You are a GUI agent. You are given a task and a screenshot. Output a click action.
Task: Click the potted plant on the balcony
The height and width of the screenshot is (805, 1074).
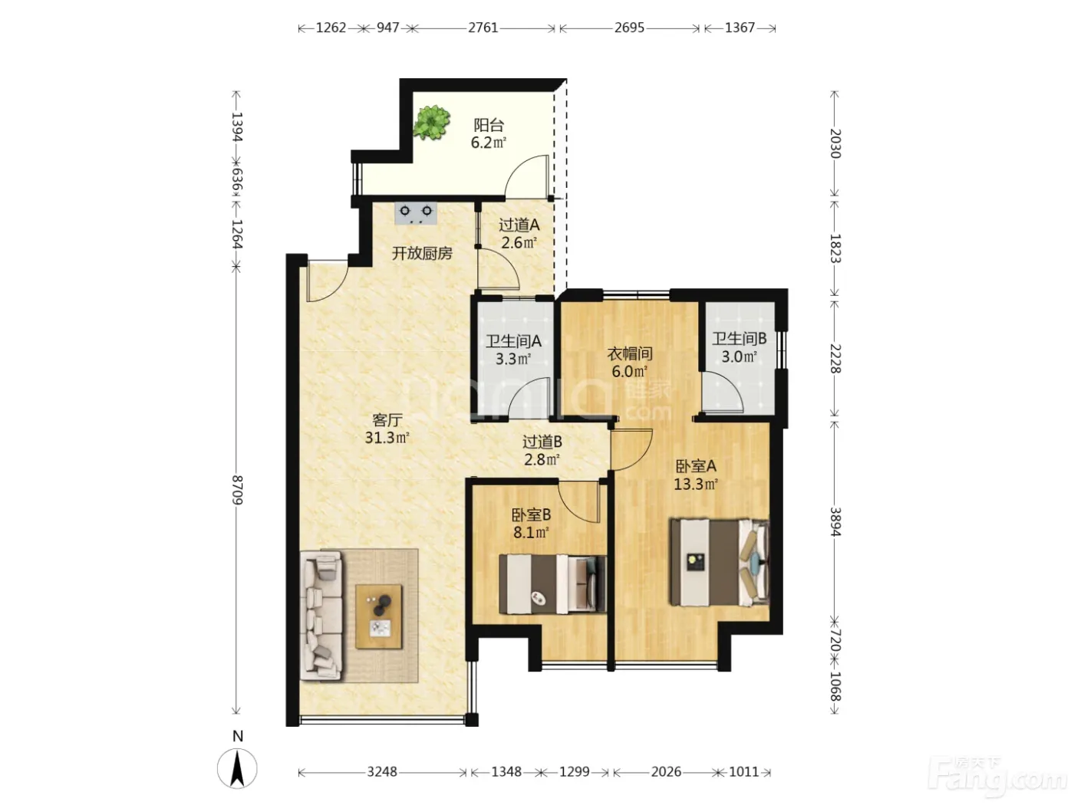click(431, 122)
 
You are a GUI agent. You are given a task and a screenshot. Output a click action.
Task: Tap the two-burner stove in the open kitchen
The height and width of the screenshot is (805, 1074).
click(416, 214)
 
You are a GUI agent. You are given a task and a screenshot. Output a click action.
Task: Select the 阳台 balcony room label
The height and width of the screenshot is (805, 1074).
click(489, 125)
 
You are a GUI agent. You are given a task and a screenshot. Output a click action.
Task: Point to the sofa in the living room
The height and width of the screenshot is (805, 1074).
click(321, 616)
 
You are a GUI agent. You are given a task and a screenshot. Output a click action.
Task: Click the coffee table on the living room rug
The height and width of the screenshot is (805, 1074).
click(379, 616)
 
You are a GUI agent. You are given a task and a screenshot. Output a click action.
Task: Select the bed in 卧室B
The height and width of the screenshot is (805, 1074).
click(552, 584)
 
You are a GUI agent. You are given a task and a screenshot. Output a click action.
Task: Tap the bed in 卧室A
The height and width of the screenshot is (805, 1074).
click(720, 562)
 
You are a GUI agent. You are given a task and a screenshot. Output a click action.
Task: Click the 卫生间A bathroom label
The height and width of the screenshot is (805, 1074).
click(513, 340)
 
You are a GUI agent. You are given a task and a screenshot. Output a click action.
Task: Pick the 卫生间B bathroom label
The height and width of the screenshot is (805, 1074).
click(740, 338)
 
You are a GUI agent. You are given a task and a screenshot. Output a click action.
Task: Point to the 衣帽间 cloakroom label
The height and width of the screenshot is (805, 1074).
click(630, 353)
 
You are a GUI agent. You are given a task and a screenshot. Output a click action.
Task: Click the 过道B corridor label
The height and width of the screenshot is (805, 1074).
click(542, 442)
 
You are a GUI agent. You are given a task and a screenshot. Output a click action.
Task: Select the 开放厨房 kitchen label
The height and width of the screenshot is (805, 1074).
click(422, 253)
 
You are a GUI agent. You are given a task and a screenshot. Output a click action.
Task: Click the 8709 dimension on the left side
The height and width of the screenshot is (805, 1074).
click(237, 490)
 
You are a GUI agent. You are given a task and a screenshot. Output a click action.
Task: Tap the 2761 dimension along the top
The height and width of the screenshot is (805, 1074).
click(483, 28)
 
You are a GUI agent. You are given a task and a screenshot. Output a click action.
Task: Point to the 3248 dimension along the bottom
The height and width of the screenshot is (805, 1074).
click(382, 772)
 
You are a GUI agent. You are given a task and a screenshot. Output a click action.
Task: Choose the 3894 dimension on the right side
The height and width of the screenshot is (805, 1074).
click(835, 522)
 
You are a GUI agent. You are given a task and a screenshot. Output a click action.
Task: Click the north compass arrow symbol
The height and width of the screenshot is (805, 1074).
click(237, 768)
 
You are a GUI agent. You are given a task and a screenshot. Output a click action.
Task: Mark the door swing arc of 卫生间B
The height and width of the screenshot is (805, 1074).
click(729, 383)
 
